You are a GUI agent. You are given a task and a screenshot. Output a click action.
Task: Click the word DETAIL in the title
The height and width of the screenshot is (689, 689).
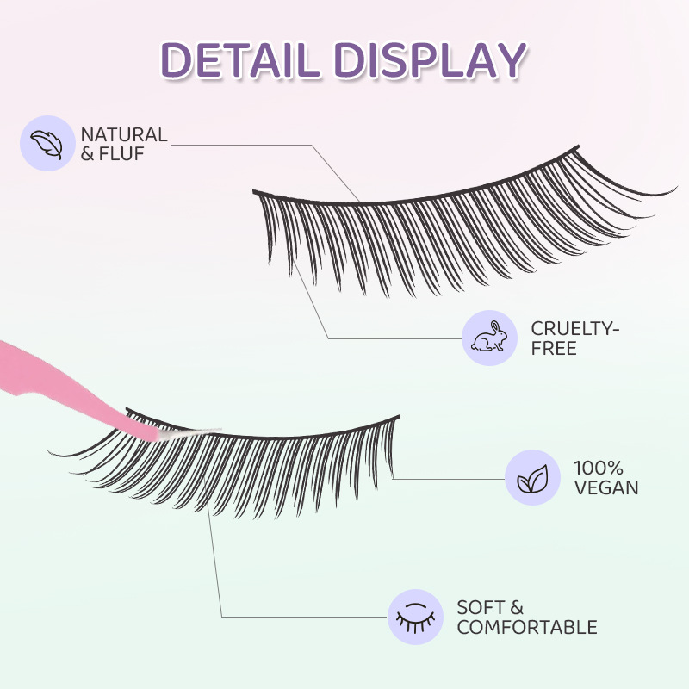[x=240, y=59]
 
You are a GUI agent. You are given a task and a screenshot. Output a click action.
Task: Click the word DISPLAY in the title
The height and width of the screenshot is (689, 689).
[x=430, y=59]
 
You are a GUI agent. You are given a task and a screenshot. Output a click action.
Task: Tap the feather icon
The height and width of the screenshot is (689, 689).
[x=47, y=144]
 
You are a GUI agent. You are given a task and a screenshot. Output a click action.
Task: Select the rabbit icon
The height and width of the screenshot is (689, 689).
[x=489, y=338]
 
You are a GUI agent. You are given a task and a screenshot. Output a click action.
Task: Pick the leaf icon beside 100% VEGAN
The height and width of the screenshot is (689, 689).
[x=532, y=479]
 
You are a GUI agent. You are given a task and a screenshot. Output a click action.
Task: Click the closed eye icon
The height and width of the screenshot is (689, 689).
[x=415, y=618]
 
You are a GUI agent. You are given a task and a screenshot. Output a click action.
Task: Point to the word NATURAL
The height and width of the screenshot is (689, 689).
[x=124, y=135]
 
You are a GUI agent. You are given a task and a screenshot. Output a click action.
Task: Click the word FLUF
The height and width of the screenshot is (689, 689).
[x=121, y=154]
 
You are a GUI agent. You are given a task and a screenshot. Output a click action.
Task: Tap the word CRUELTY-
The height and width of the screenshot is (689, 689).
[x=574, y=329]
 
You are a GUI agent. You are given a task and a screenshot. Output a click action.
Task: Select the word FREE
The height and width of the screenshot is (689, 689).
[x=554, y=348]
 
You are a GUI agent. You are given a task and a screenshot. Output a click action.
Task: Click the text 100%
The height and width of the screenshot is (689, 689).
[x=598, y=468]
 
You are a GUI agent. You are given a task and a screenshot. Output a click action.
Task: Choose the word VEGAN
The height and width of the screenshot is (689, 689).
[x=606, y=487]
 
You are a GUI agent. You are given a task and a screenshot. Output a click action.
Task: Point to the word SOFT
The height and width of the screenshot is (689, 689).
[x=480, y=608]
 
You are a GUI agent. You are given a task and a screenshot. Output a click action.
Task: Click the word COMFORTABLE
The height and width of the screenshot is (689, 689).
[x=527, y=627]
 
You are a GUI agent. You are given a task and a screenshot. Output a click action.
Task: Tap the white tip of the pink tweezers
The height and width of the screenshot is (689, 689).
[x=189, y=433]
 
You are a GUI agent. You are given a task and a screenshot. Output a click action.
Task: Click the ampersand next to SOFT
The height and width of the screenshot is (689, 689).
[x=517, y=608]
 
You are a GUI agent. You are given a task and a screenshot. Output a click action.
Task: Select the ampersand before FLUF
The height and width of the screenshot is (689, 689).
[x=88, y=154]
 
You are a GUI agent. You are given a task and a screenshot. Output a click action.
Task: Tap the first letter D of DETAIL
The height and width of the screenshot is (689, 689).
[x=177, y=59]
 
